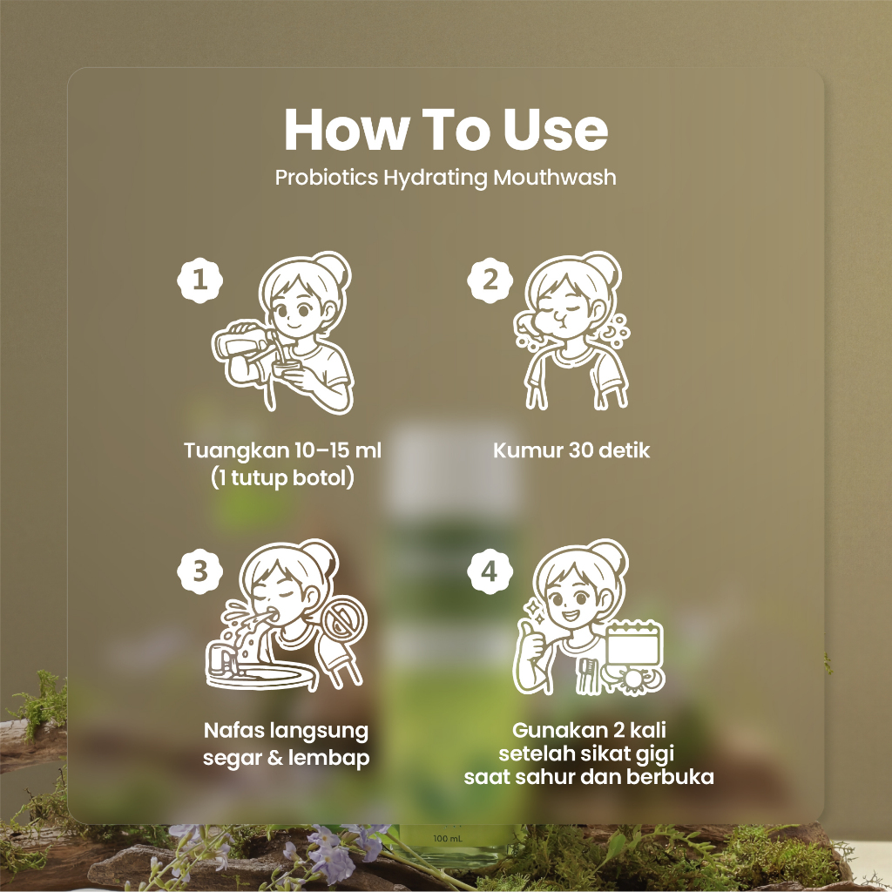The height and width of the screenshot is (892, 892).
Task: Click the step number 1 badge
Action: coord(199,280)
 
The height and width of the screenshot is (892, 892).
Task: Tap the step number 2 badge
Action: coord(490,280)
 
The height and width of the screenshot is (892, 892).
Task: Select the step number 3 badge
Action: coord(199,571)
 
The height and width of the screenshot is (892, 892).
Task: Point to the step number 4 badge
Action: coord(490,571)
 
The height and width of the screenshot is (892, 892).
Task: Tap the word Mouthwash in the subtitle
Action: coord(555,177)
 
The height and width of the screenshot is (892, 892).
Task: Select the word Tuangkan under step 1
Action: coord(229,450)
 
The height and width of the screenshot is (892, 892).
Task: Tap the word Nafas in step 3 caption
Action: coord(233,730)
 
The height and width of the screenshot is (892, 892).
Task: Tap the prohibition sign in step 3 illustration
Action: coord(342,622)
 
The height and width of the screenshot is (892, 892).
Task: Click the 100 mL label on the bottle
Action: coord(448,839)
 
